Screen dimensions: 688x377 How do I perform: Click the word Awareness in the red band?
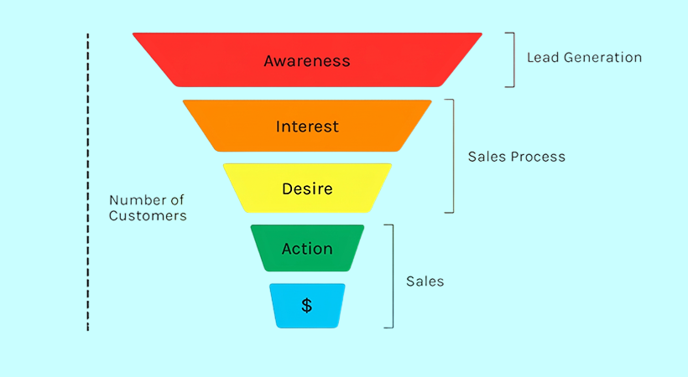tap(307, 60)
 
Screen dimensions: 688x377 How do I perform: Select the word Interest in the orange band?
tap(307, 127)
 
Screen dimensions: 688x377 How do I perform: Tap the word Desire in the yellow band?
tap(307, 188)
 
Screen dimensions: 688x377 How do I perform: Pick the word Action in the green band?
tap(307, 249)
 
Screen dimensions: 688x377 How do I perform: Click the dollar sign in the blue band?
tap(307, 306)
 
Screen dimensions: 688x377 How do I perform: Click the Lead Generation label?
tap(584, 58)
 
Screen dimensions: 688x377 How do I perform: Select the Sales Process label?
tap(516, 157)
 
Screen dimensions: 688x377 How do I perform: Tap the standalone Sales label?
tap(425, 281)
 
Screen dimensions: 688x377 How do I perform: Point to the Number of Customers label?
tap(148, 208)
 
